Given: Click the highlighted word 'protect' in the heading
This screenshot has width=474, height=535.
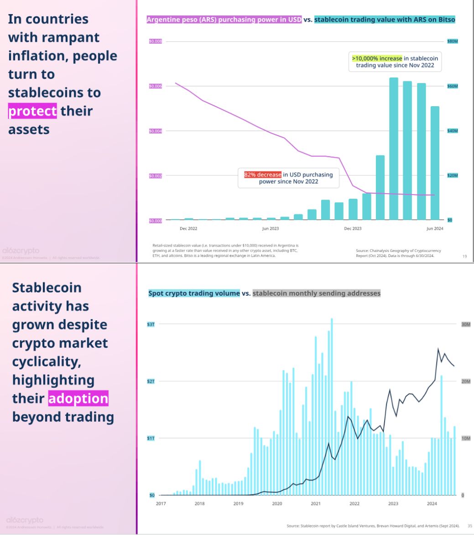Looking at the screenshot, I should (32, 111).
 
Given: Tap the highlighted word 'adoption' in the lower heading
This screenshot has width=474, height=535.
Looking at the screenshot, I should (78, 399).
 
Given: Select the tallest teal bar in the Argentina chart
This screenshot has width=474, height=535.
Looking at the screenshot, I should (394, 149).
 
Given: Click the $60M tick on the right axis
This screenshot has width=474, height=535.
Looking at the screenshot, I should (452, 86).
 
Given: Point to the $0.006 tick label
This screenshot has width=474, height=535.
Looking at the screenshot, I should (155, 86).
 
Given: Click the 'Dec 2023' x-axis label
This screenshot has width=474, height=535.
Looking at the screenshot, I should (353, 228).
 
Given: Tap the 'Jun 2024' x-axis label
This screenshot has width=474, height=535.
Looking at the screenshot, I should (435, 228).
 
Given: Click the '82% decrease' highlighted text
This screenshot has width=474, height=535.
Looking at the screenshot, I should (263, 175).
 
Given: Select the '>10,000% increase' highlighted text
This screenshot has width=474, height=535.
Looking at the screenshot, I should (377, 58).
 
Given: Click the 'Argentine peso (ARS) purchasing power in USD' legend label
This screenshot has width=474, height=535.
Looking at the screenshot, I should (224, 20).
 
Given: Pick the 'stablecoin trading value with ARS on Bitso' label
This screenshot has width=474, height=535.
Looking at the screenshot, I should (385, 20).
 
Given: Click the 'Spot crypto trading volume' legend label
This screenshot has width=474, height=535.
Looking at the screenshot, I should (194, 293).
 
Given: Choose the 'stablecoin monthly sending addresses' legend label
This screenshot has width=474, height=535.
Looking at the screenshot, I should (316, 293).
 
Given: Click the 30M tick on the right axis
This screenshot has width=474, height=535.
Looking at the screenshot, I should (465, 324).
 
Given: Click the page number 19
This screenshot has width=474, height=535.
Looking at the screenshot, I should (464, 257).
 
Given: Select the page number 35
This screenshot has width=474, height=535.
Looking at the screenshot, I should (469, 525).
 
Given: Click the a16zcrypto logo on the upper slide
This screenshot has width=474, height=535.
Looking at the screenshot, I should (21, 251).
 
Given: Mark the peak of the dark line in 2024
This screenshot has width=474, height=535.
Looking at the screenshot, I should (438, 349).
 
